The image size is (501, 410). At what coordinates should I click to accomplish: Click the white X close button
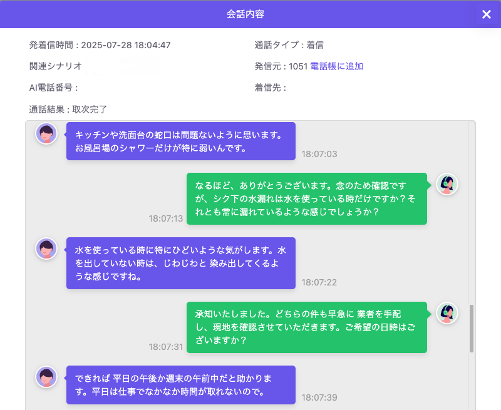click(487, 14)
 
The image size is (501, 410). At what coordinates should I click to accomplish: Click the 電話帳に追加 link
click(336, 66)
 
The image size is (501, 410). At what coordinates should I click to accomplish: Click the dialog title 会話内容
click(245, 14)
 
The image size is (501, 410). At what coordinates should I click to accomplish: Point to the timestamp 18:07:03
click(319, 154)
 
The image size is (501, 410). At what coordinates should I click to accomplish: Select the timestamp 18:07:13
click(166, 218)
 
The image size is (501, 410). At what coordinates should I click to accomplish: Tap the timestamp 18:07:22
click(319, 282)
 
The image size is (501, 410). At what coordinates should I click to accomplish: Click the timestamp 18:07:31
click(166, 347)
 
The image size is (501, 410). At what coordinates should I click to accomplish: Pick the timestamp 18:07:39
click(319, 397)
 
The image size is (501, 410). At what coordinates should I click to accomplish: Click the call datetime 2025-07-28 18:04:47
click(126, 45)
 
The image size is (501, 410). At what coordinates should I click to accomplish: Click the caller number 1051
click(298, 66)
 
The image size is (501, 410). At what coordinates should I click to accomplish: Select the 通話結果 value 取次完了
click(90, 110)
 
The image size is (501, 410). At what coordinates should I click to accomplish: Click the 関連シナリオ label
click(56, 66)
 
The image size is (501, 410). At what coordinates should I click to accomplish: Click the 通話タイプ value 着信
click(315, 45)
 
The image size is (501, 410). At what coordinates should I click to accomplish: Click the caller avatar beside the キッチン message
click(46, 133)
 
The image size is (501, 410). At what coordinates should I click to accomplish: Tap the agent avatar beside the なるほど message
click(447, 184)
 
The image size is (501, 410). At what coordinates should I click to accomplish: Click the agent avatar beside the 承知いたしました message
click(447, 313)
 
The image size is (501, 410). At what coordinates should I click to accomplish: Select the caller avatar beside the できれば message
click(46, 377)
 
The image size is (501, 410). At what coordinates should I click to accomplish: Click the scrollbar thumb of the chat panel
click(472, 329)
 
